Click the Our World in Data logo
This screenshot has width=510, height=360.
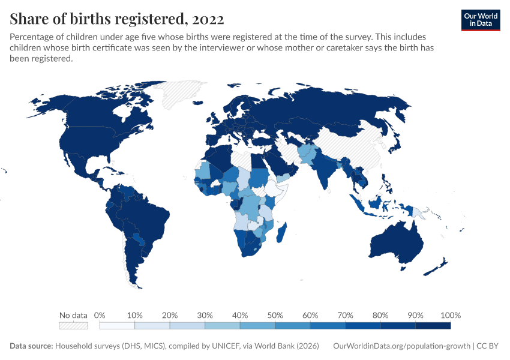(480, 20)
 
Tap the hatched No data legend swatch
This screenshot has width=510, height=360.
(73, 326)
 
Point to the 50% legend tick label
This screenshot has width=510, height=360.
(275, 315)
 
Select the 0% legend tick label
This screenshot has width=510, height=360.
(100, 315)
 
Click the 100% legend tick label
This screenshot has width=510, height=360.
(450, 315)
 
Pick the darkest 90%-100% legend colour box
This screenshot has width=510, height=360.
(433, 326)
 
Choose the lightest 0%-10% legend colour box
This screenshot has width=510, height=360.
(117, 326)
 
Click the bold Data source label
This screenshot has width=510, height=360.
(31, 346)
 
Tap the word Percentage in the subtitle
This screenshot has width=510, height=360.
(33, 37)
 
